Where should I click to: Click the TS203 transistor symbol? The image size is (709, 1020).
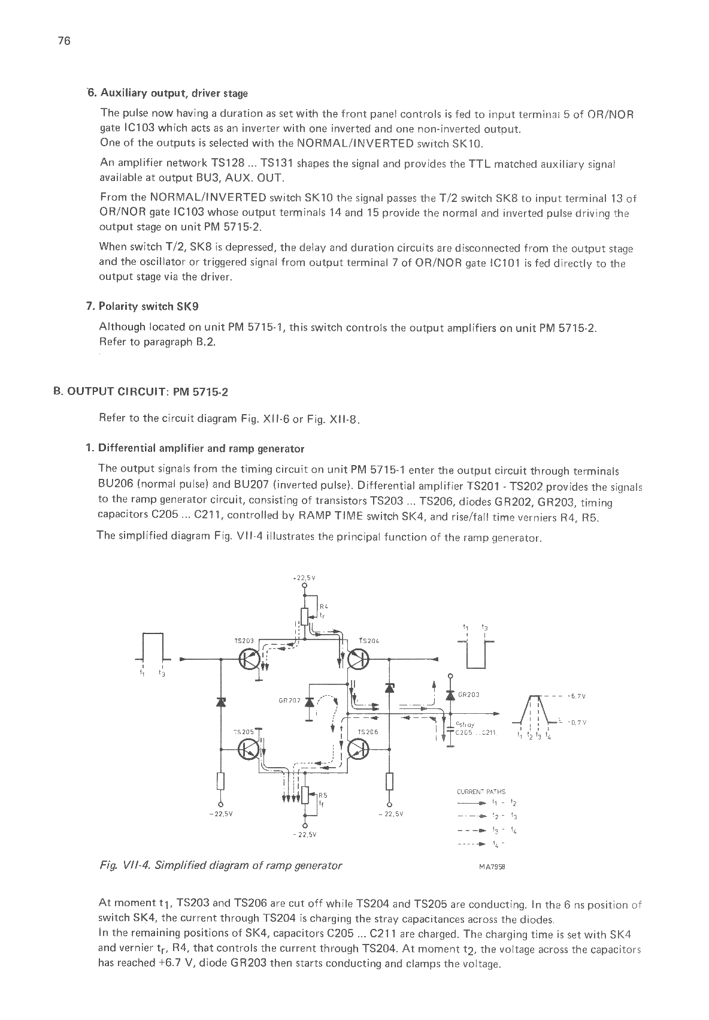(249, 660)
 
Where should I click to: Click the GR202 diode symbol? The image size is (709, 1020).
(310, 701)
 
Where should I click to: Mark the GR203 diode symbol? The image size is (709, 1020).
(450, 695)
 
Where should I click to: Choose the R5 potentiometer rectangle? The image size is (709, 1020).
(305, 795)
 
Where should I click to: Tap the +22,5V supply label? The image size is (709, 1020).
(304, 578)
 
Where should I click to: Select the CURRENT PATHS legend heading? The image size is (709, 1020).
(481, 792)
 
